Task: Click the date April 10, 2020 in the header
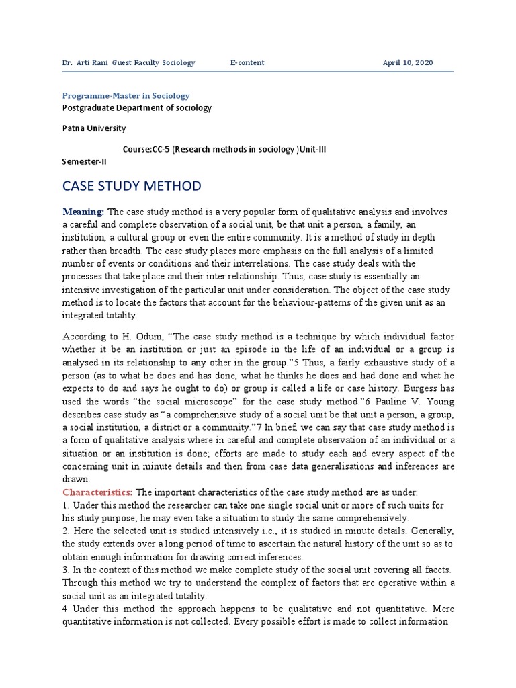(x=408, y=62)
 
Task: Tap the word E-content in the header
(x=247, y=62)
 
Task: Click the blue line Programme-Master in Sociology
(x=126, y=96)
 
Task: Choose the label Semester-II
(x=84, y=161)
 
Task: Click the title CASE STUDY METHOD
(x=131, y=185)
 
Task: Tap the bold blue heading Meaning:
(x=83, y=212)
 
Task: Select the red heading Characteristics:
(x=97, y=492)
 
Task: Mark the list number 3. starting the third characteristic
(x=66, y=571)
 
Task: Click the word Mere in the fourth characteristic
(x=439, y=609)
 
